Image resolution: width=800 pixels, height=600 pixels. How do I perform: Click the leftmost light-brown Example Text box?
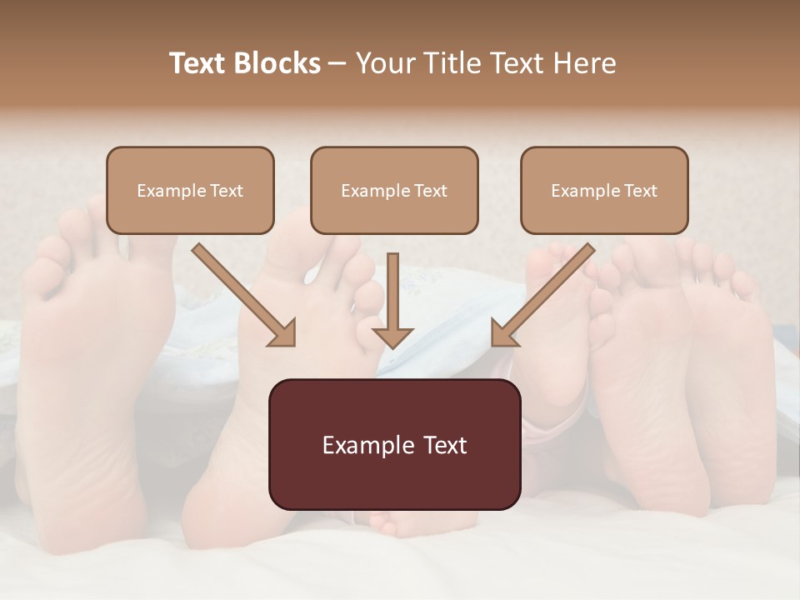tap(190, 190)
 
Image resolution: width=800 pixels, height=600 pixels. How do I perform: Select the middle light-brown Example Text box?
tap(394, 190)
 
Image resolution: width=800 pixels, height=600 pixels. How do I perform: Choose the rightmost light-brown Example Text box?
tap(604, 190)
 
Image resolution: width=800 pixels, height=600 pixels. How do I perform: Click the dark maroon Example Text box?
tap(394, 444)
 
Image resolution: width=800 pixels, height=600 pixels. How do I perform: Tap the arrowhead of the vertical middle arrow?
tap(392, 337)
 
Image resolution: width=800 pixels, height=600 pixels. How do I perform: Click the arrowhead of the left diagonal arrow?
tap(283, 334)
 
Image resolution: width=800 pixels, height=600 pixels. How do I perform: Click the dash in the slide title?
tap(337, 64)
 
